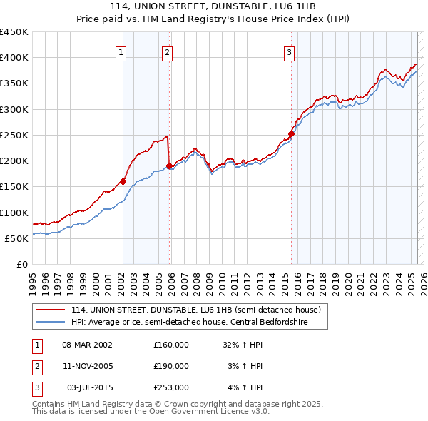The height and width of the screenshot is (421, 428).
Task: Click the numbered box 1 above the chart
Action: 121,52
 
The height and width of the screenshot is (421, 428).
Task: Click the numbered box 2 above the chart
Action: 167,52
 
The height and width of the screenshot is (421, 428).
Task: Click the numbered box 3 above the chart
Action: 290,52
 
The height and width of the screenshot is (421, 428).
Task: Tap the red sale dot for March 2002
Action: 123,181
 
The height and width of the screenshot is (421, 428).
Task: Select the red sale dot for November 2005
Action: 169,166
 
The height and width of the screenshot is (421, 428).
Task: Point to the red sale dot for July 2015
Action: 291,133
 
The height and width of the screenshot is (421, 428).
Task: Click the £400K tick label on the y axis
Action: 14,58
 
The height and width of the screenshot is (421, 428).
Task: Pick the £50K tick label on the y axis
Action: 16,238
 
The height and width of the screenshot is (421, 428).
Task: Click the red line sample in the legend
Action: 50,310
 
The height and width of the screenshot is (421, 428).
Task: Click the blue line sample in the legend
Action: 50,322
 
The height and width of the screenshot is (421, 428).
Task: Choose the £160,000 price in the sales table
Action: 171,344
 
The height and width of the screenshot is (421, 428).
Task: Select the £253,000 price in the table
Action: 171,387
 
